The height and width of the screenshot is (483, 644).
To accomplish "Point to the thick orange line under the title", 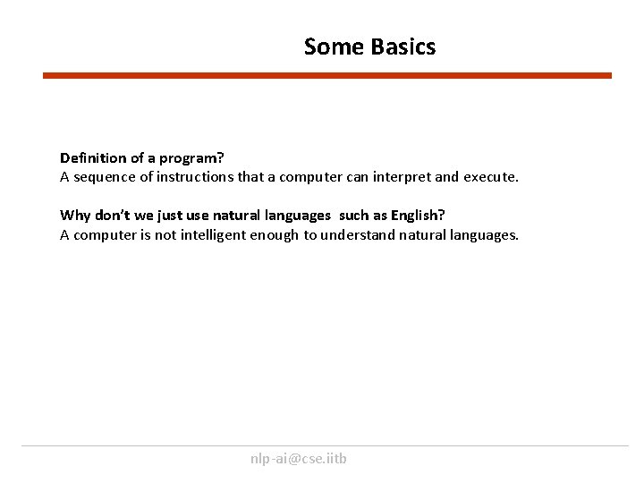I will [327, 76].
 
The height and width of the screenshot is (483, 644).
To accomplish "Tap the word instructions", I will [197, 177].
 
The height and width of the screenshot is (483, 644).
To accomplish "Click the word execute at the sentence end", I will [490, 177].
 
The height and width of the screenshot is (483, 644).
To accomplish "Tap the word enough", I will [276, 235].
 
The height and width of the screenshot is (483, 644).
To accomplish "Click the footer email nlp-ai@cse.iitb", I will [299, 459].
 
